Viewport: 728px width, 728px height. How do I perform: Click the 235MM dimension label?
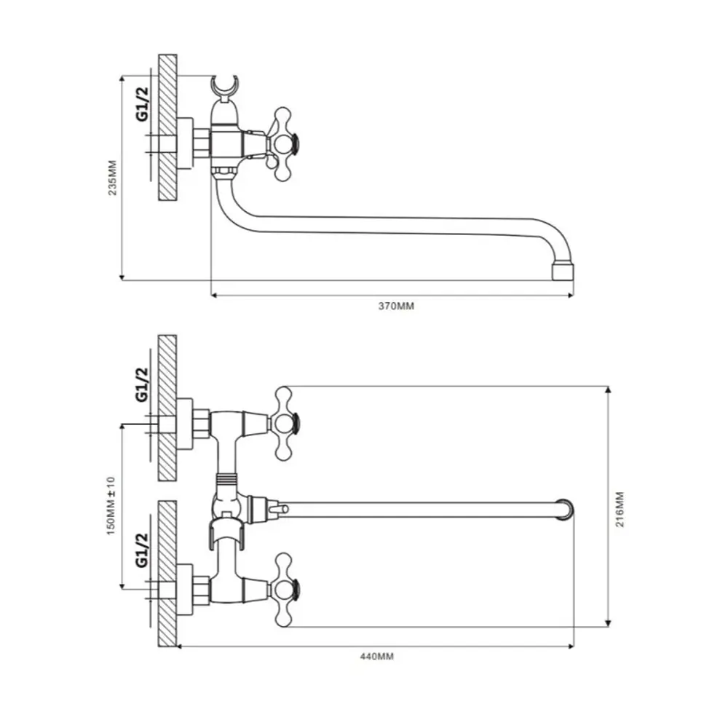point(113,178)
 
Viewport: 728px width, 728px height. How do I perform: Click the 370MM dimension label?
point(396,306)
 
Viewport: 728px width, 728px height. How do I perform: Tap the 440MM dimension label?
point(377,657)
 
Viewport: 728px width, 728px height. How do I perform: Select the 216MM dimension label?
point(620,510)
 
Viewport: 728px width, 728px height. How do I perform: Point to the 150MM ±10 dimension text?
point(111,506)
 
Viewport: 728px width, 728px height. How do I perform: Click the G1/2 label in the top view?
point(142,104)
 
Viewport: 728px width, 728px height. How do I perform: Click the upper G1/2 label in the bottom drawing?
point(142,384)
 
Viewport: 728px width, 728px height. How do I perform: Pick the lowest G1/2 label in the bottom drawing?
point(142,550)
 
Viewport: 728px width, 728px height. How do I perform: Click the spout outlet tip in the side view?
point(563,272)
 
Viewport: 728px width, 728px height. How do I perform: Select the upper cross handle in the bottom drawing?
point(282,424)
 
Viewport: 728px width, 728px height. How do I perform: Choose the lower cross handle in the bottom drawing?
point(282,590)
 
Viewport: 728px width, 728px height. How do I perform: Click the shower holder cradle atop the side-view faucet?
point(225,87)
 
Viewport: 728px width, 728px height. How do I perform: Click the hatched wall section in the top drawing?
point(167,127)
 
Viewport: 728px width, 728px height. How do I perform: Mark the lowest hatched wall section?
point(167,574)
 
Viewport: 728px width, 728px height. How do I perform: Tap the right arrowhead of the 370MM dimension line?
point(571,295)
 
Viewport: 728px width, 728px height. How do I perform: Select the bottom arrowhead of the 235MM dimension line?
point(122,277)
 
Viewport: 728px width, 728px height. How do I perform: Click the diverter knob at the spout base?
point(279,510)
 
